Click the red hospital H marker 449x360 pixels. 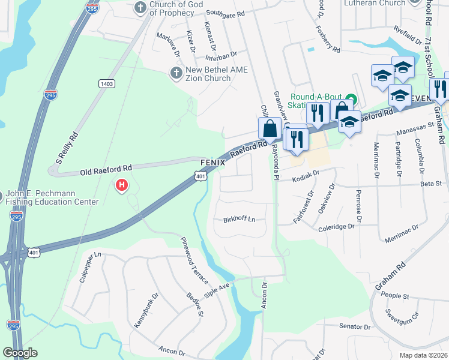click(122, 185)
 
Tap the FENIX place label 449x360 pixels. click(212, 163)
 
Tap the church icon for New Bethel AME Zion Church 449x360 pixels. click(176, 73)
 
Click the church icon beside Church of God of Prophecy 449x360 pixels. click(140, 8)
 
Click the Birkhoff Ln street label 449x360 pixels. click(239, 219)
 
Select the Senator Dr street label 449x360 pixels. click(355, 327)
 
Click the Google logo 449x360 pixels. click(20, 353)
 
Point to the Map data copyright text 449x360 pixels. click(424, 355)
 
